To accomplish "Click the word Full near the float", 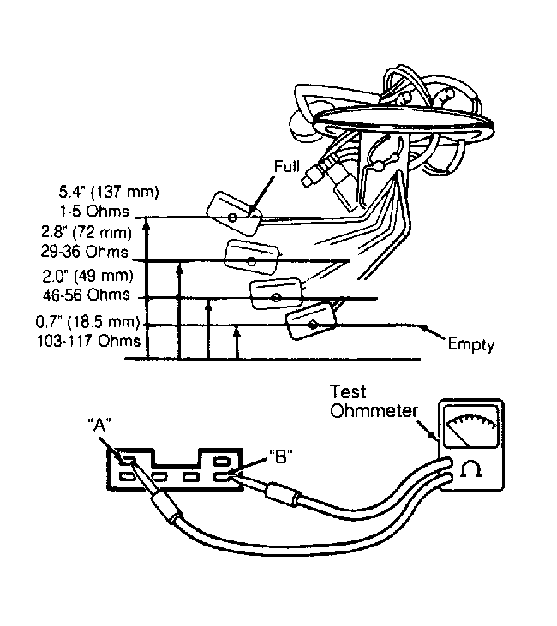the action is pos(287,166).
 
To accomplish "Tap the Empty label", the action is pos(471,344).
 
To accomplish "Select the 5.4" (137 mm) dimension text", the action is pos(109,192).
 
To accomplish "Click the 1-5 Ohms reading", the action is pos(94,211).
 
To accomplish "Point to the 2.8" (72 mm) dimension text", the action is pos(87,232).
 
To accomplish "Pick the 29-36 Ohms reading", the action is pos(84,252).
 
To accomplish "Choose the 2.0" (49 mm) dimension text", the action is pos(88,276).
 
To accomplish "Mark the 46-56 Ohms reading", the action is pos(87,295).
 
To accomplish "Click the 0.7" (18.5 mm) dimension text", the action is pos(88,322).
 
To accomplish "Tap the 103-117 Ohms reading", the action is pos(89,341).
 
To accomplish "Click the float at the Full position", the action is pos(234,213).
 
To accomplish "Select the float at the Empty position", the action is pos(312,321).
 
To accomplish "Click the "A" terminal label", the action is pos(99,426).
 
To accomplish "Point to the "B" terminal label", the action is pos(281,456).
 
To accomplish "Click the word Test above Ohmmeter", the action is pos(348,392).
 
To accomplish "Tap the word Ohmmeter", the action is pos(374,411).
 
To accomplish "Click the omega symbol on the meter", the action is pos(470,468).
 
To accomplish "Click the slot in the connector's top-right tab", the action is pos(220,461).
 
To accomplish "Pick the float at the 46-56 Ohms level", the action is pos(276,295).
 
